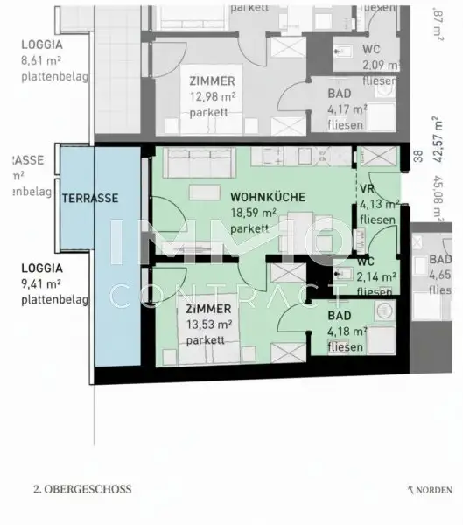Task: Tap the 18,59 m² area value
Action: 254,213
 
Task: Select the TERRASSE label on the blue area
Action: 89,199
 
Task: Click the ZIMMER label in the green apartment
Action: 207,310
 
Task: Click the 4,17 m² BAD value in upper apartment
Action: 346,109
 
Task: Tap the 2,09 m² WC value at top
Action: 381,65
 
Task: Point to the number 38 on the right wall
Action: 417,157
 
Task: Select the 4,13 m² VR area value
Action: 379,205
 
